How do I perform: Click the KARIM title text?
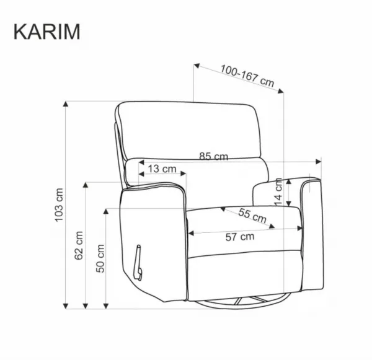pos(47,32)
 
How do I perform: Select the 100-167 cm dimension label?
pos(247,76)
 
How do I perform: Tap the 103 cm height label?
pos(59,205)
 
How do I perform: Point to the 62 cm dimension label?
pos(79,245)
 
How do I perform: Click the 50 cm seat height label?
pos(100,258)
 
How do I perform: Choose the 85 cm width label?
pos(213,156)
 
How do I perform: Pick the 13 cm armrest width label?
pos(162,169)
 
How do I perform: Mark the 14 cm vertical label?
pos(278,192)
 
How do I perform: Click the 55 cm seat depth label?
pos(252,216)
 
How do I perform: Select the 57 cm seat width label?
pos(240,237)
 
